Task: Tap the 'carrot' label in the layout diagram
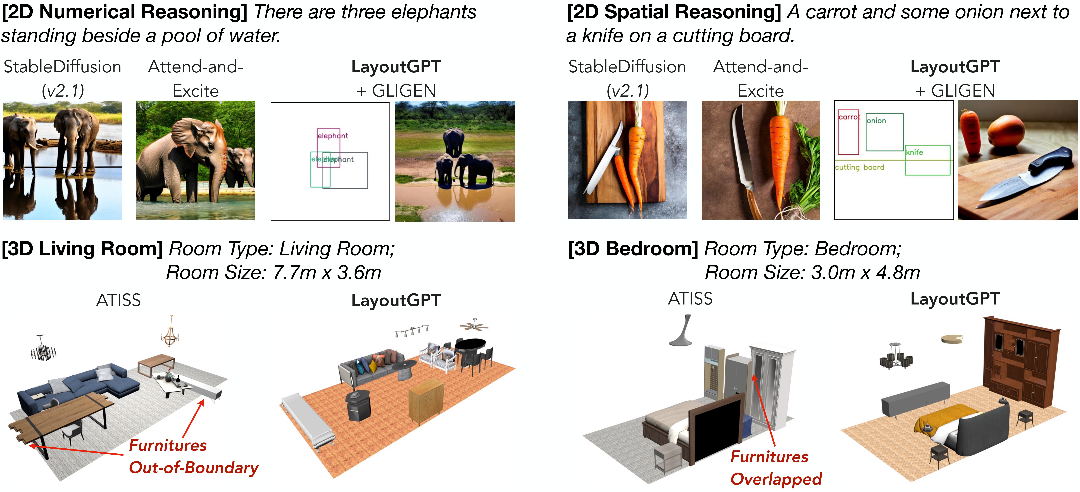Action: [x=849, y=117]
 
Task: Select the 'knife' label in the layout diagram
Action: [x=914, y=152]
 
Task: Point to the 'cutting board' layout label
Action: [x=859, y=167]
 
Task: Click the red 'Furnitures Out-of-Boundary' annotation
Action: [x=193, y=456]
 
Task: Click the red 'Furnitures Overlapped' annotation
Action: [x=776, y=468]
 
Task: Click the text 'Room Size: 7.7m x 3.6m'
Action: [x=273, y=273]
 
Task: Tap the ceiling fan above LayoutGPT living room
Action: [x=474, y=325]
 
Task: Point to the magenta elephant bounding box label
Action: [x=332, y=136]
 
